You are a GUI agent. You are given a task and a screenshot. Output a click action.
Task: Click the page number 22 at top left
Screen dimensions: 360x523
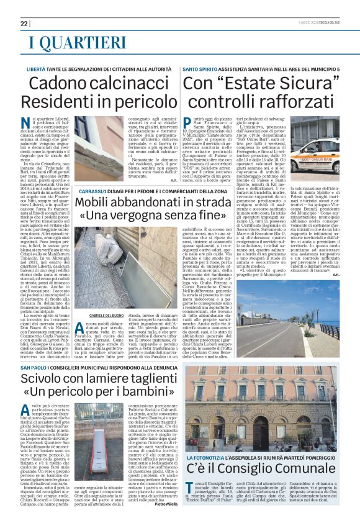[x=24, y=23]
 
